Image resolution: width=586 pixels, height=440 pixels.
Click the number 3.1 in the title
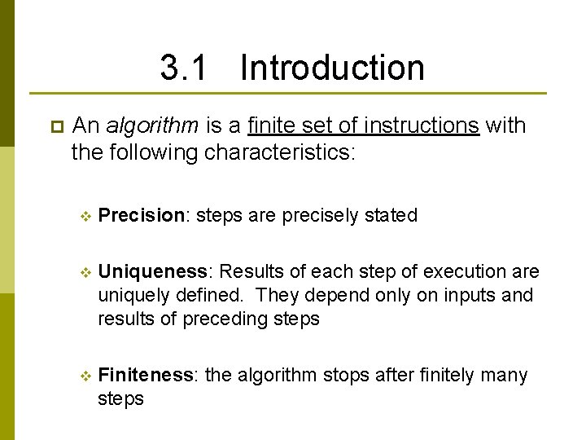184,68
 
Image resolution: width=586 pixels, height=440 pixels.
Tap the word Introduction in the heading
332,68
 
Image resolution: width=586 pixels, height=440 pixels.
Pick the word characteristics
279,152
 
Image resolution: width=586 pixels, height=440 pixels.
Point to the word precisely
310,216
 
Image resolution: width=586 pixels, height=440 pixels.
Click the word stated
391,215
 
